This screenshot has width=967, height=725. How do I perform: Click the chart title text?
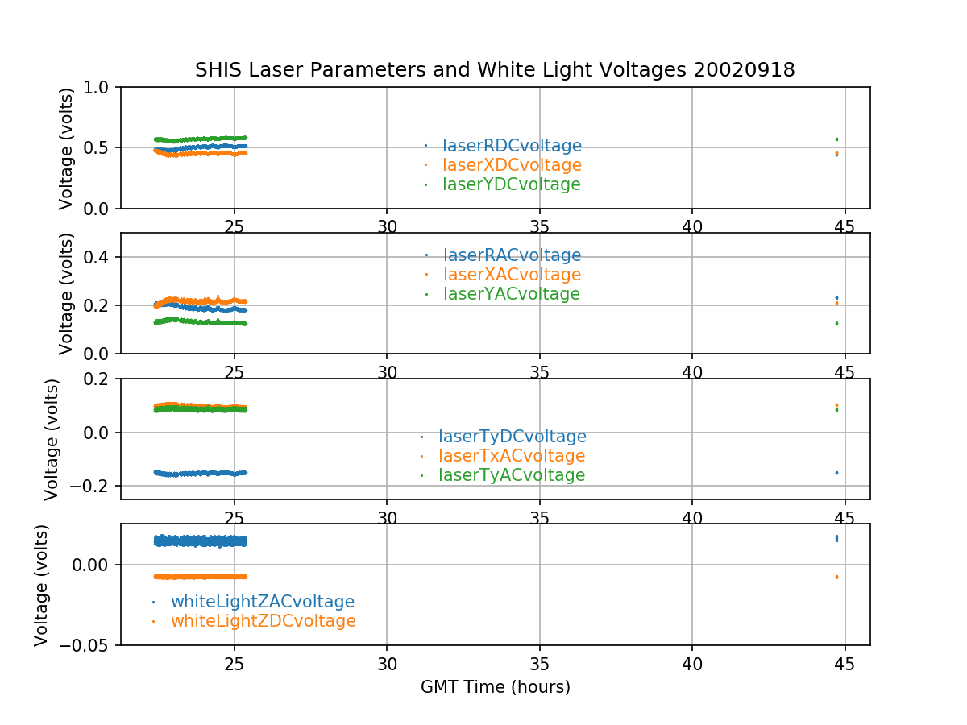(x=495, y=70)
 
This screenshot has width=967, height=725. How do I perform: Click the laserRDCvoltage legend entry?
(x=512, y=146)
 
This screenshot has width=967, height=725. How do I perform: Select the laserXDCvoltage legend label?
(x=512, y=165)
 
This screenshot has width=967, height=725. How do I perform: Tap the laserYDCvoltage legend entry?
(x=511, y=184)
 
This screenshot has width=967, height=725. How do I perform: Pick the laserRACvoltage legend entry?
(x=512, y=255)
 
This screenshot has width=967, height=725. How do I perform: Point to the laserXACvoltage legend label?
(x=512, y=275)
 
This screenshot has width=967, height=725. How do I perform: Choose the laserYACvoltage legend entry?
(x=511, y=294)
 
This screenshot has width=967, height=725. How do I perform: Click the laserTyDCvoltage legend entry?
(x=512, y=437)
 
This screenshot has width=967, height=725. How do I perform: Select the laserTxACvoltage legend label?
(x=511, y=456)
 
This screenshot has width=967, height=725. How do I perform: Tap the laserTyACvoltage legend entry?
(x=511, y=475)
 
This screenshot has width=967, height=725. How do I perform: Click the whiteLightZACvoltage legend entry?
(x=262, y=602)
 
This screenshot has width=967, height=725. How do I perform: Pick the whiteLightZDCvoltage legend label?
(x=263, y=621)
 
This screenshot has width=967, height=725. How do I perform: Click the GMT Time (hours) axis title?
(x=495, y=687)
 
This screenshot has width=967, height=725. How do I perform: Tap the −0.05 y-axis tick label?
(x=86, y=645)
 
